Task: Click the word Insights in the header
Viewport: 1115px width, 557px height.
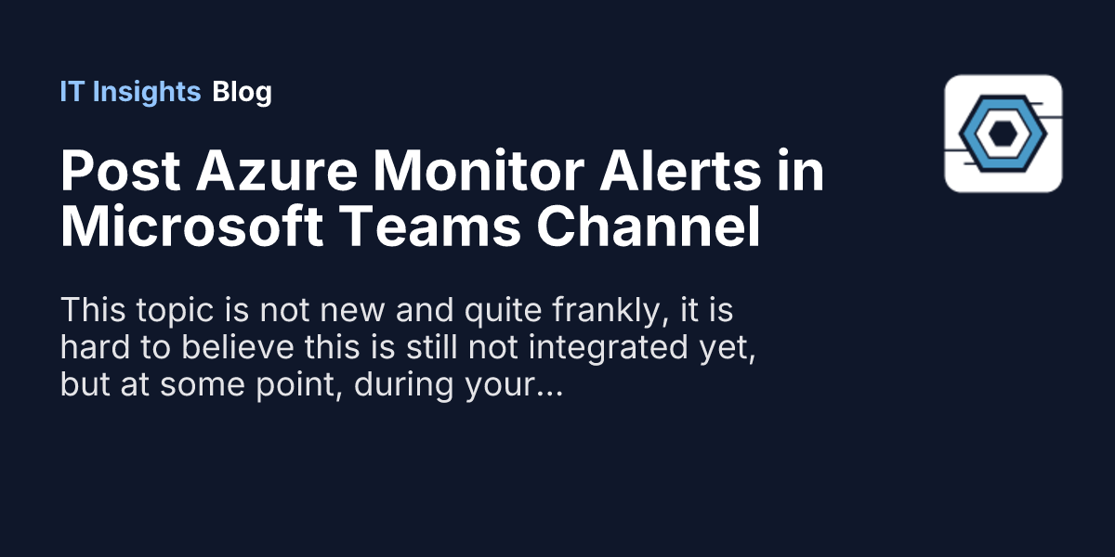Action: click(x=147, y=93)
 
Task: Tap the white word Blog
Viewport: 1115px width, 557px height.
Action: click(x=242, y=93)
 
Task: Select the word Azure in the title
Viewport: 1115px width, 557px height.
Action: click(x=277, y=171)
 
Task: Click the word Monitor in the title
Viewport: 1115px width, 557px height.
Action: click(x=479, y=171)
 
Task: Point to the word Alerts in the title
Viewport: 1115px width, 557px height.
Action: click(x=680, y=171)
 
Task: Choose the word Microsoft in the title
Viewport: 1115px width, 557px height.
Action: click(x=191, y=227)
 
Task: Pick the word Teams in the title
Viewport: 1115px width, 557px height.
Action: click(x=430, y=227)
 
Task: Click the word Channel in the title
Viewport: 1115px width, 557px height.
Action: click(x=649, y=227)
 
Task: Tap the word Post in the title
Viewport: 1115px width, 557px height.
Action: click(x=121, y=171)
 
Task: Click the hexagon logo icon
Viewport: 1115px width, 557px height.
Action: click(x=1003, y=134)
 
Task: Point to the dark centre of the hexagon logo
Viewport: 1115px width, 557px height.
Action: click(x=1003, y=134)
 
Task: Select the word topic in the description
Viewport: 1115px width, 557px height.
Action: click(x=175, y=311)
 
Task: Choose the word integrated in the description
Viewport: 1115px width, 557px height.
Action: click(x=609, y=348)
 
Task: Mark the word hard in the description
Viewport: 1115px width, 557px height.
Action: click(x=95, y=346)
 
